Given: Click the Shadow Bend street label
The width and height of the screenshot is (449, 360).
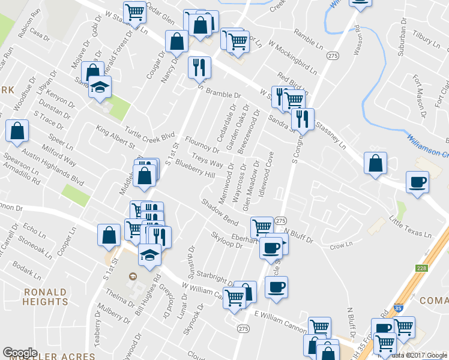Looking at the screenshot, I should (x=219, y=212).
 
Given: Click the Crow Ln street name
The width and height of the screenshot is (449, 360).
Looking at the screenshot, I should (x=340, y=246).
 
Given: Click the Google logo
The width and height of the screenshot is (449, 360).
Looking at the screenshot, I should (x=19, y=352).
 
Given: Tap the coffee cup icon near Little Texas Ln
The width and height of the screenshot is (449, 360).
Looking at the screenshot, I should (x=417, y=182).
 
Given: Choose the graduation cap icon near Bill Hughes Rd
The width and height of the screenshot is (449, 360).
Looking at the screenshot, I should (x=149, y=254).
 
